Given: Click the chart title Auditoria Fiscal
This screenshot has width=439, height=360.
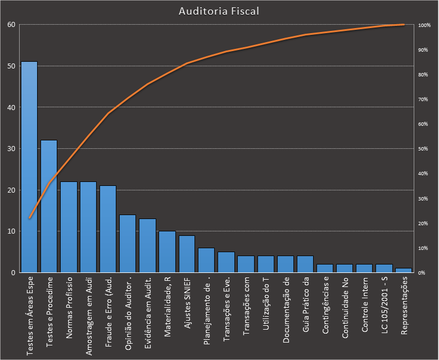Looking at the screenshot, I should coord(219,11).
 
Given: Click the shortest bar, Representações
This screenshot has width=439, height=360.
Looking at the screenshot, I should coord(404,270).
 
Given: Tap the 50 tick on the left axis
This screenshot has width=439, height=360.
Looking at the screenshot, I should coord(11,66).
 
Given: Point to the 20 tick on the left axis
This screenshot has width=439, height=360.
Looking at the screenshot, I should coord(11,190).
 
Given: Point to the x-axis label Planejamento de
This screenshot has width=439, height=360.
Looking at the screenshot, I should coord(207,312).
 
